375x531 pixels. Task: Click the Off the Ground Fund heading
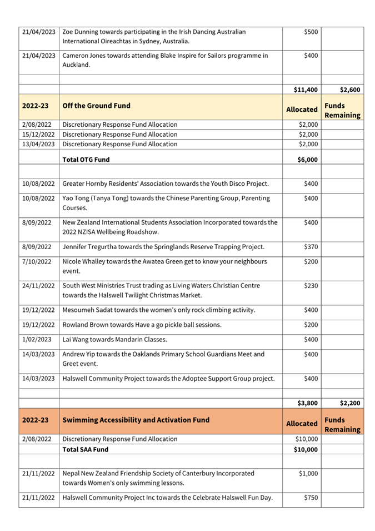click(93, 106)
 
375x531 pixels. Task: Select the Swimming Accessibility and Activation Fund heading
click(136, 420)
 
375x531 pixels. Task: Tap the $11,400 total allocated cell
click(306, 90)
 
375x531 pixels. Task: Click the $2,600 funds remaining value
click(351, 90)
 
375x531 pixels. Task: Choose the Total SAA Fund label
click(86, 449)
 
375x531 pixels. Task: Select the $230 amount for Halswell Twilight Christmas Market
click(310, 286)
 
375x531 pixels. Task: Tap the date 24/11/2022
click(38, 286)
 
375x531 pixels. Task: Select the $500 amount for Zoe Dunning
click(310, 32)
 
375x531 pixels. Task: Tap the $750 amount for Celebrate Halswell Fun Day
click(310, 497)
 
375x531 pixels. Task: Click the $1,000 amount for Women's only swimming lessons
click(308, 474)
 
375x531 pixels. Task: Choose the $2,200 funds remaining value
click(351, 403)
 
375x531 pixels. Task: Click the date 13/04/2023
click(38, 145)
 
